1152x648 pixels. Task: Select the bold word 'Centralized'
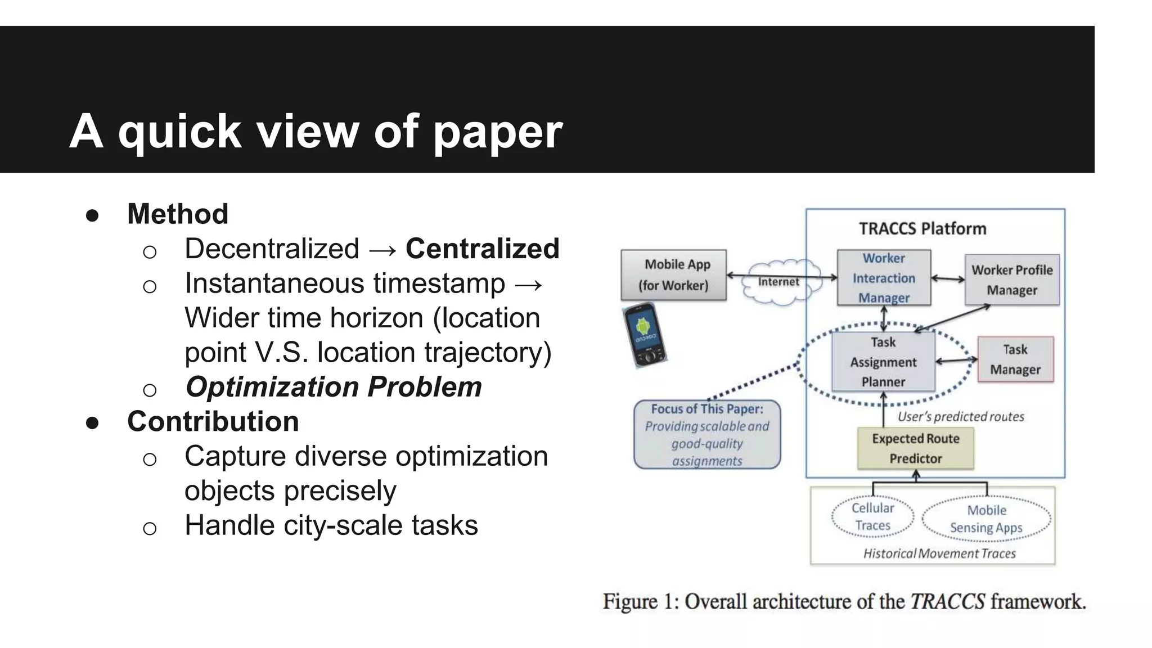pos(482,249)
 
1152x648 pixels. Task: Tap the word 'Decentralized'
pos(272,249)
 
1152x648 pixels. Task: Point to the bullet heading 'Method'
pos(178,214)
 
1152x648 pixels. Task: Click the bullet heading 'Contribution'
pos(213,421)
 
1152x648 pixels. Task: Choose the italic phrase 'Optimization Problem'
pos(334,387)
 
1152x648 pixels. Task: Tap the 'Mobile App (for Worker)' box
pos(673,275)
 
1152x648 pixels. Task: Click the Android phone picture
pos(645,335)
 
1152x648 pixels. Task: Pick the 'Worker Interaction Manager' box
pos(884,278)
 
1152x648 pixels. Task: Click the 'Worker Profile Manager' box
pos(1012,280)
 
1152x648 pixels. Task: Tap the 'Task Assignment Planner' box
pos(883,362)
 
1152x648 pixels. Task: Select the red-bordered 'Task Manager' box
pos(1015,359)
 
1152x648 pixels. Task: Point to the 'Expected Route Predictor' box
pos(915,448)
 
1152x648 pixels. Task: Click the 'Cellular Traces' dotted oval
pos(872,516)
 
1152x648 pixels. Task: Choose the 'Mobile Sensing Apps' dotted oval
pos(986,519)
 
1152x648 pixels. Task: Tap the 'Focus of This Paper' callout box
pos(707,434)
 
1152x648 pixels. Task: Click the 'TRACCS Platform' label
pos(922,229)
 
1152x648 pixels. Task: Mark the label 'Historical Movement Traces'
pos(939,553)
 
